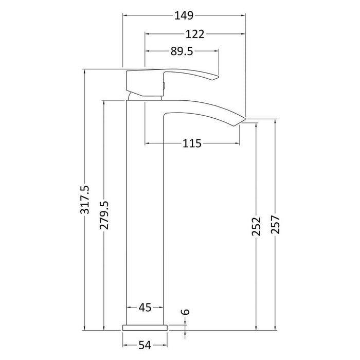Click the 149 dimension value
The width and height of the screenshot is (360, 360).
point(183,16)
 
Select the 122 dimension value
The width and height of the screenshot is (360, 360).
point(195,34)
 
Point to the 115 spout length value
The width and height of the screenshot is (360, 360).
point(191,143)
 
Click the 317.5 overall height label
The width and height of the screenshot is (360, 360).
point(85,201)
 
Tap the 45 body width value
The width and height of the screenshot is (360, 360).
point(145,308)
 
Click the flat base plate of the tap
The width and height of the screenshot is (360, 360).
point(145,327)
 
